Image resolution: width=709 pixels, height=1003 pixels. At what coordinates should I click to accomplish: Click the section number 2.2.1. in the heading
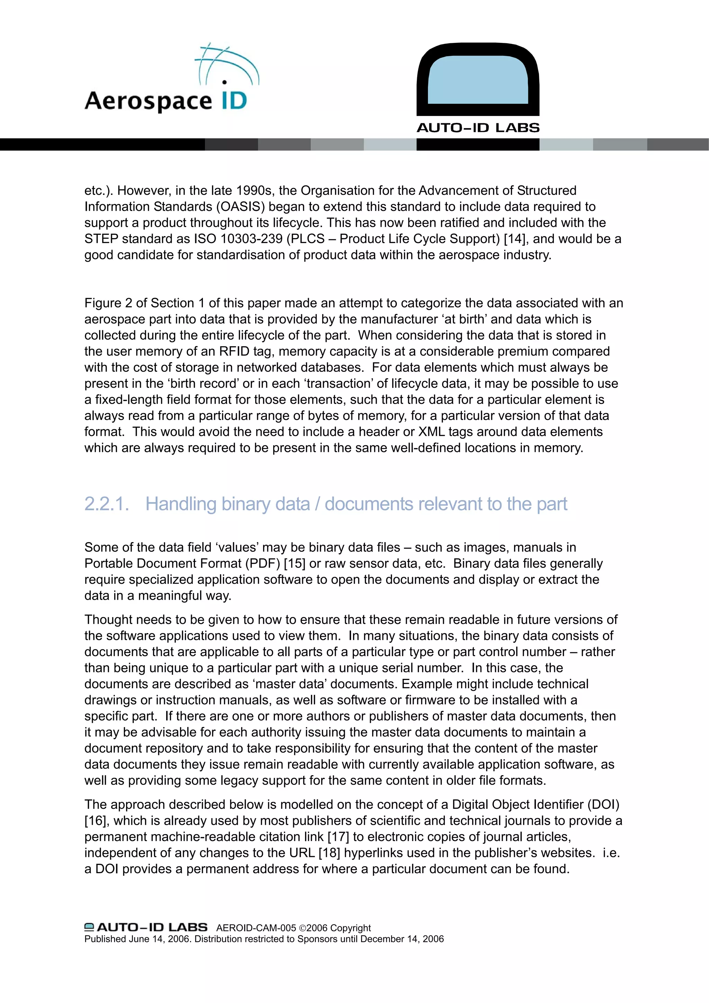point(107,504)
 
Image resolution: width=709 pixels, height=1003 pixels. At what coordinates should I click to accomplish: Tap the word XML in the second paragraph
point(431,432)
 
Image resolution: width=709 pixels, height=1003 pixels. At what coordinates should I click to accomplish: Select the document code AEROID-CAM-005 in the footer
point(256,928)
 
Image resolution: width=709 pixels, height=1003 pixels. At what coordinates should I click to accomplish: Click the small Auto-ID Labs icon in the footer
point(89,927)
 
